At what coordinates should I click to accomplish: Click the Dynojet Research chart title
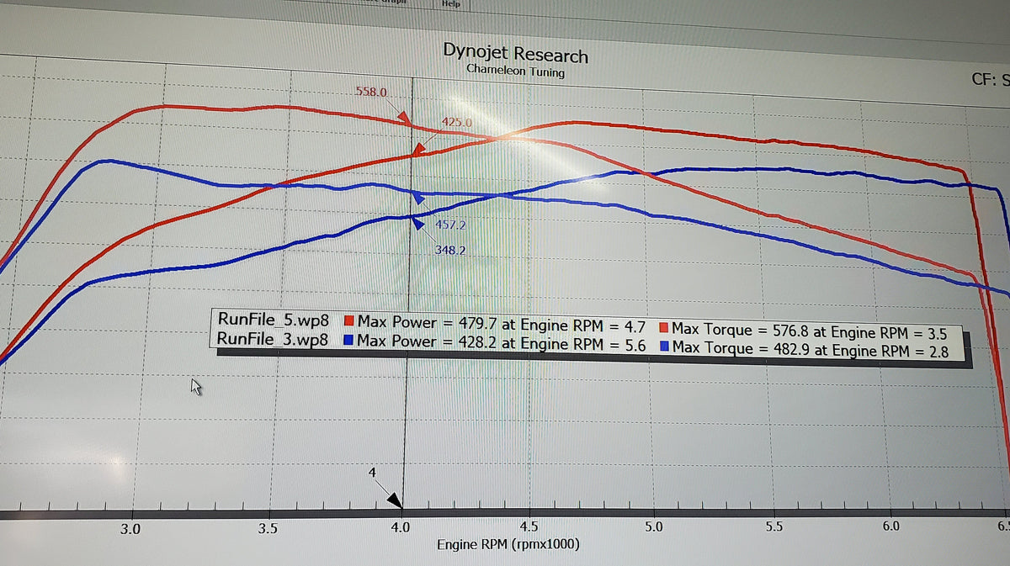point(515,54)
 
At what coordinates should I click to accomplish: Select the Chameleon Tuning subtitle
point(515,72)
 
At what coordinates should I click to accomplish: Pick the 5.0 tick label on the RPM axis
point(653,528)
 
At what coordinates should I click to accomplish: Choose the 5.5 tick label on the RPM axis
point(774,528)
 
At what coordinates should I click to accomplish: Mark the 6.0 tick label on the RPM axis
point(890,527)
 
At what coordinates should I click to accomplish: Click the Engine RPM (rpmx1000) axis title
point(508,545)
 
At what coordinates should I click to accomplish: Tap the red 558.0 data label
point(371,92)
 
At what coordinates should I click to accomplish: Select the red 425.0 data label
point(457,123)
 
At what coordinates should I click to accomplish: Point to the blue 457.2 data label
point(450,225)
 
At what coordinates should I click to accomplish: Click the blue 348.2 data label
point(450,250)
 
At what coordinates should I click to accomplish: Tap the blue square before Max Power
point(348,341)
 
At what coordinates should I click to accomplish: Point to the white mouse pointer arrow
point(196,386)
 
